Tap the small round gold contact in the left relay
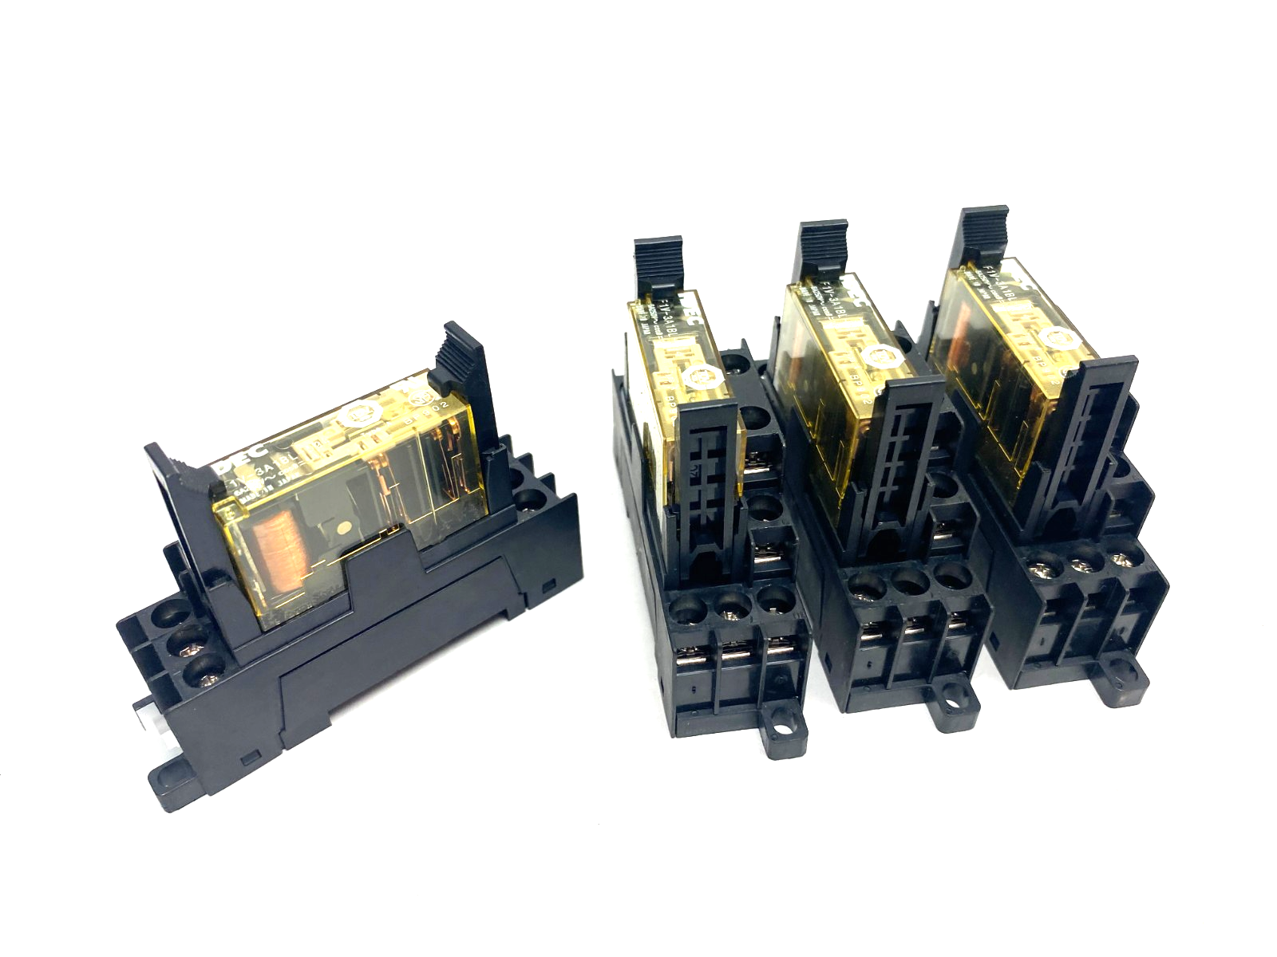pyautogui.click(x=346, y=527)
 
